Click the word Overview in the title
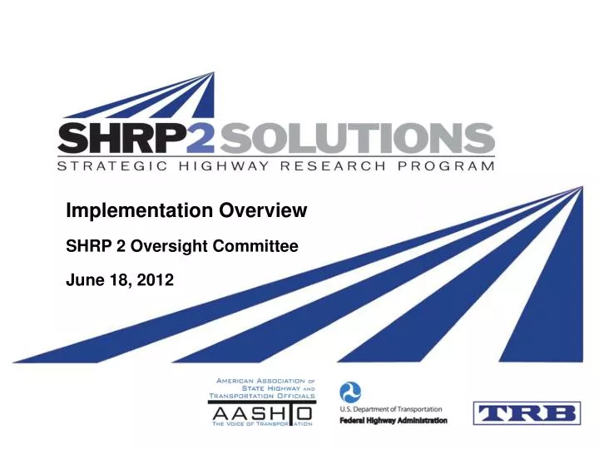[265, 211]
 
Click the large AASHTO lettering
[259, 412]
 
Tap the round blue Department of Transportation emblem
[350, 393]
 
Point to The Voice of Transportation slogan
[259, 426]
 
